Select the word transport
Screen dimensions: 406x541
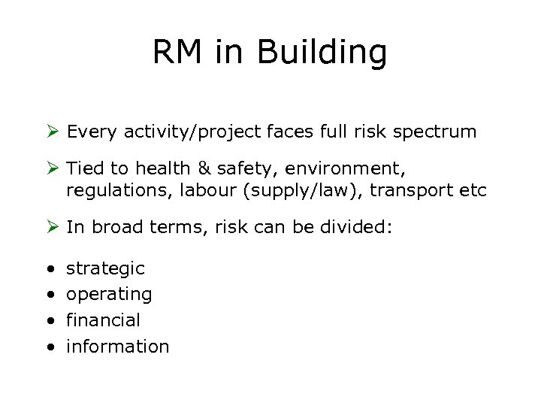point(410,192)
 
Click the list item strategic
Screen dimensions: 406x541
point(106,268)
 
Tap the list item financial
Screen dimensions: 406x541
point(103,320)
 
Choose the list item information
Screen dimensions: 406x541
point(118,347)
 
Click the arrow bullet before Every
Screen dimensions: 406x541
point(53,132)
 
